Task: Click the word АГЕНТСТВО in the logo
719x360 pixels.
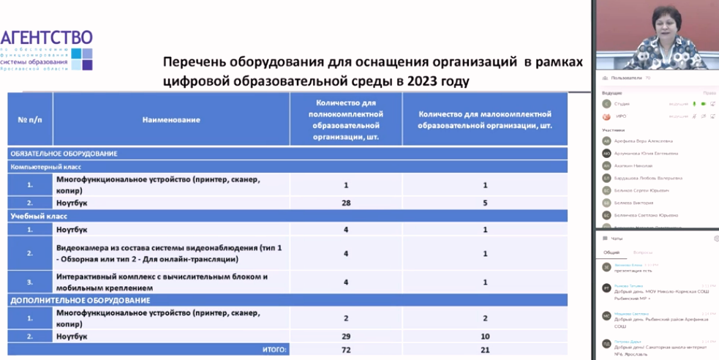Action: click(x=47, y=38)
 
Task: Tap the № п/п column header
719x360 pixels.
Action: click(x=30, y=119)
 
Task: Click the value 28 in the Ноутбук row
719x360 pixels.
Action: click(x=345, y=202)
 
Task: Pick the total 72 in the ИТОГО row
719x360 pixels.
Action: click(x=345, y=350)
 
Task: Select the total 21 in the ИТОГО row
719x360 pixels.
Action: click(x=484, y=350)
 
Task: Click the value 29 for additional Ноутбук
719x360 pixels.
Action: click(x=345, y=336)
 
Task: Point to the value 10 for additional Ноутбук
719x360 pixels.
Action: click(x=484, y=336)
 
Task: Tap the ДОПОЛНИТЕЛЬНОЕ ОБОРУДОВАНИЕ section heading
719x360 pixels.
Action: click(x=70, y=300)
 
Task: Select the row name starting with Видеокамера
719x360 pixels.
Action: click(x=168, y=253)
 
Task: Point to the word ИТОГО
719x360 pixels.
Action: click(x=274, y=350)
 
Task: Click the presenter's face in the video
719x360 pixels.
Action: click(x=657, y=33)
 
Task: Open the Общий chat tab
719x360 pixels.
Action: click(x=611, y=252)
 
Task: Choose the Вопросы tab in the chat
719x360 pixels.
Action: click(x=643, y=252)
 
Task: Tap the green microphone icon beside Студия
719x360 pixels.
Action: click(x=693, y=104)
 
